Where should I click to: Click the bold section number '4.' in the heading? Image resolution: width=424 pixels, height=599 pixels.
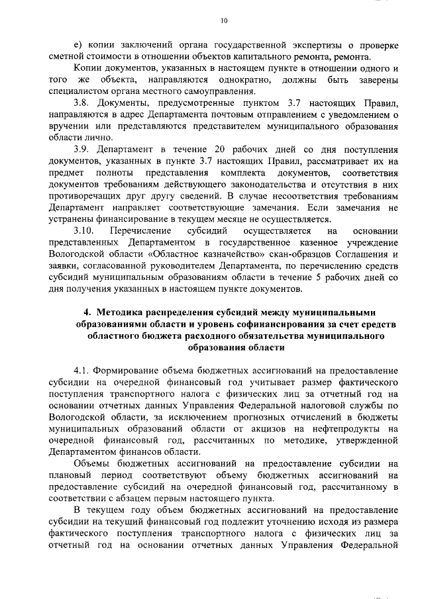(x=87, y=312)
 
